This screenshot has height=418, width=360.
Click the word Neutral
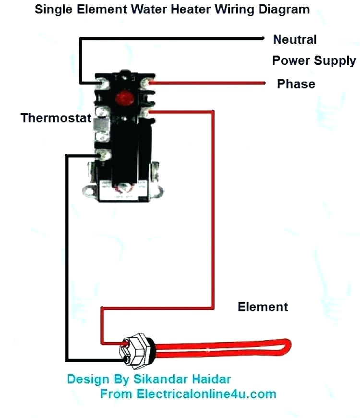[x=295, y=39]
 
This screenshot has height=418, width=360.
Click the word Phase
[x=296, y=84]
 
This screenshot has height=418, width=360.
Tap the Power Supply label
[x=314, y=61]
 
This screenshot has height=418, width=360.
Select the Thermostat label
[x=56, y=118]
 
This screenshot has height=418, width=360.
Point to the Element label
[x=263, y=307]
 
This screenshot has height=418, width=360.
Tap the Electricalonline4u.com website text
[x=207, y=394]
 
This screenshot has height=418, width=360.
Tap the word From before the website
[x=116, y=394]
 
